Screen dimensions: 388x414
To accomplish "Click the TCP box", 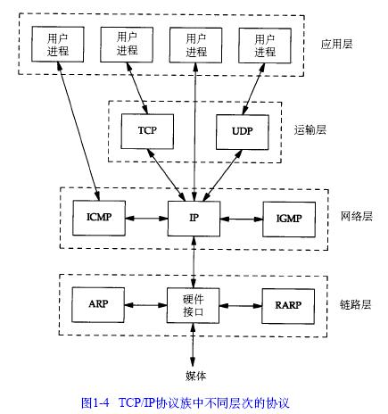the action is [147, 131].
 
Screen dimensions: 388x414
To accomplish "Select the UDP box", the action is [243, 132].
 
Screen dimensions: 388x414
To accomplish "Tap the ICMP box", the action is [99, 218].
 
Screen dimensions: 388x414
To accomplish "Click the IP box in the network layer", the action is [194, 219].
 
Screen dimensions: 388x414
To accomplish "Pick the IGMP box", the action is [289, 219].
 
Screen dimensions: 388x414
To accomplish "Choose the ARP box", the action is [98, 304].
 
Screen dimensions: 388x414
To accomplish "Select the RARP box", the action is [288, 306].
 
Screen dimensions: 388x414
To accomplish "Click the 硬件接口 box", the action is [193, 305].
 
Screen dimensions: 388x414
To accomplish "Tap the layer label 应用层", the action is [337, 44].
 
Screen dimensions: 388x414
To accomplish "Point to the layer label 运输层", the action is [310, 130].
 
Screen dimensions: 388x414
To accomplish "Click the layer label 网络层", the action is [357, 216].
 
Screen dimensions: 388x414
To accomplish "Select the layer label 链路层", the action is [356, 304].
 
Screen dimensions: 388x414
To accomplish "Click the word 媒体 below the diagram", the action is [195, 376].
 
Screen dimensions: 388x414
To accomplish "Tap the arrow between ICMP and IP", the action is [146, 219].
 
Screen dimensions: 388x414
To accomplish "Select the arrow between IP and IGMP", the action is [242, 219].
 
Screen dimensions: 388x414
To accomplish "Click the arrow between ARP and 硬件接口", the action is [145, 305].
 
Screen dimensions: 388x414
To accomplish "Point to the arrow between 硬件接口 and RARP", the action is [241, 306].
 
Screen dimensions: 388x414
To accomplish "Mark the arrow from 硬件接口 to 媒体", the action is [193, 345].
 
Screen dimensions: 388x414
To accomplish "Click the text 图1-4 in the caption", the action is [95, 403].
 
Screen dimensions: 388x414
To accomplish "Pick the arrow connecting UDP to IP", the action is [221, 176].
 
